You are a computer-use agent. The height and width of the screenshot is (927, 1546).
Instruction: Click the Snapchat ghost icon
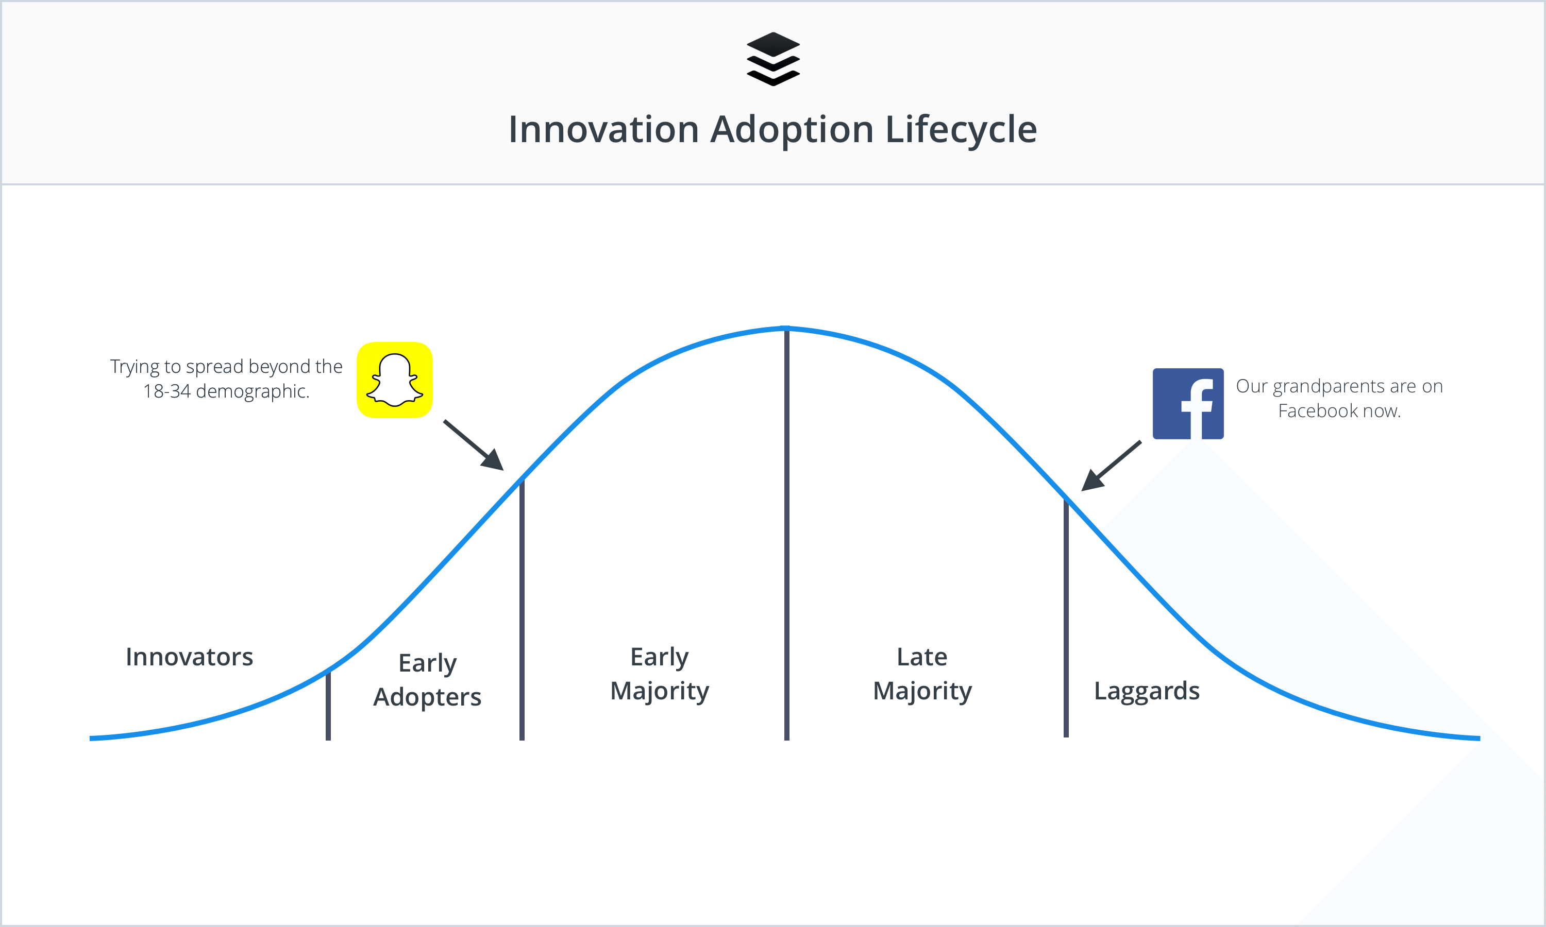pyautogui.click(x=394, y=380)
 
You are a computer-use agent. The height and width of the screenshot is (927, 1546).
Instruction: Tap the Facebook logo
pyautogui.click(x=1187, y=404)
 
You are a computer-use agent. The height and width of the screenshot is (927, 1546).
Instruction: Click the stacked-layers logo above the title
pyautogui.click(x=773, y=59)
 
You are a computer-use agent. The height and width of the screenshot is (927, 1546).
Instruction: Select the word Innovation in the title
pyautogui.click(x=603, y=130)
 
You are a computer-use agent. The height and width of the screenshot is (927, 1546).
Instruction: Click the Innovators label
pyautogui.click(x=189, y=657)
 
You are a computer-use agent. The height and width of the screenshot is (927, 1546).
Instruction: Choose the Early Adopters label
pyautogui.click(x=427, y=680)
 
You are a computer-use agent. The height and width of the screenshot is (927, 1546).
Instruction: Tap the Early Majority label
pyautogui.click(x=659, y=674)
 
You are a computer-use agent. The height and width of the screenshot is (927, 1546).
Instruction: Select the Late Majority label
pyautogui.click(x=922, y=674)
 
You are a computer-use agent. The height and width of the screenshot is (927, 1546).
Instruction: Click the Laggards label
pyautogui.click(x=1147, y=691)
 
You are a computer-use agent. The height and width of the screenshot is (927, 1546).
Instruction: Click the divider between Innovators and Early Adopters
pyautogui.click(x=328, y=706)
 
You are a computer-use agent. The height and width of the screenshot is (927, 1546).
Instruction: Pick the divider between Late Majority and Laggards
pyautogui.click(x=1066, y=619)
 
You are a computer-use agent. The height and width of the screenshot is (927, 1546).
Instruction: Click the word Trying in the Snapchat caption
pyautogui.click(x=135, y=367)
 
